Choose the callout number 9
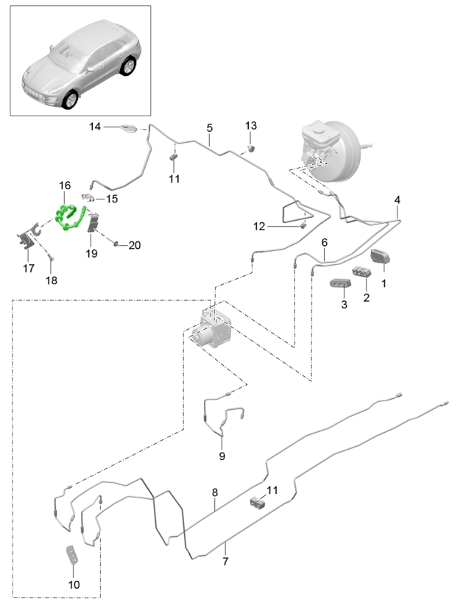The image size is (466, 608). [221, 456]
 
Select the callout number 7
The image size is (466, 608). [226, 562]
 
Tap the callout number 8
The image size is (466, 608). [215, 492]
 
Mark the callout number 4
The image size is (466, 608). [398, 200]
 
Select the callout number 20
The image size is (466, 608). [134, 245]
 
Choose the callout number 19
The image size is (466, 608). [91, 254]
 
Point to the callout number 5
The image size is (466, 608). [210, 128]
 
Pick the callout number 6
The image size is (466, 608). [323, 241]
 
